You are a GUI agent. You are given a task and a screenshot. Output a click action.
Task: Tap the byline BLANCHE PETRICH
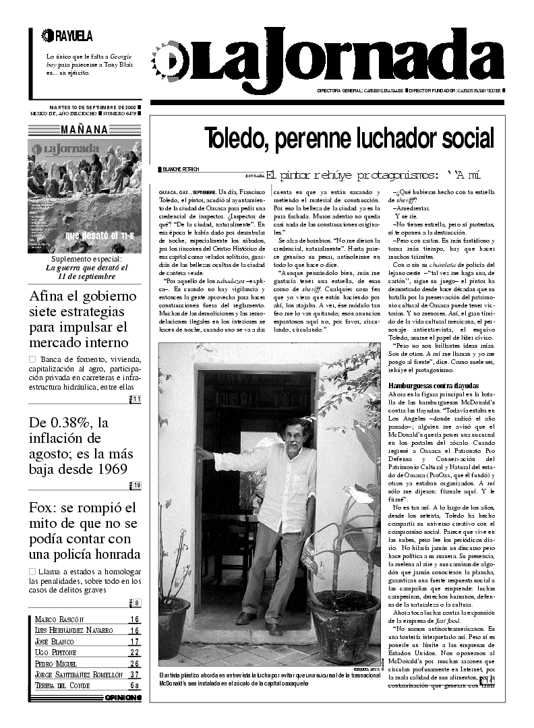click(183, 169)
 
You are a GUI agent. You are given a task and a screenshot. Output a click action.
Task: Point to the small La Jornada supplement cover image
click(84, 195)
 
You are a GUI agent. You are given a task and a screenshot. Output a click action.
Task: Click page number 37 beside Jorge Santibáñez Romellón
click(135, 674)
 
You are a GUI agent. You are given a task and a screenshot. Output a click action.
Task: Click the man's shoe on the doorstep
click(272, 629)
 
